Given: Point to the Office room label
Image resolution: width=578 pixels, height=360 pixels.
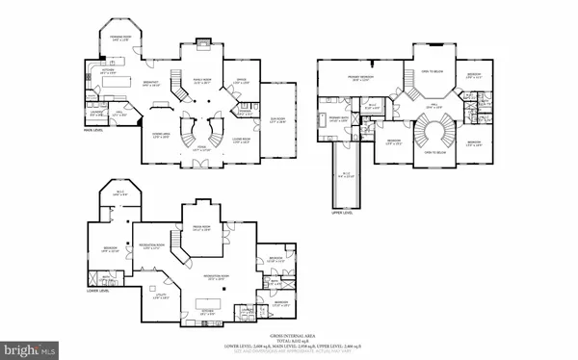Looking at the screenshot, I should [x=237, y=82].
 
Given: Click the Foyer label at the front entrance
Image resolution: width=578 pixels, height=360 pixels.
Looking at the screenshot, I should [x=201, y=150].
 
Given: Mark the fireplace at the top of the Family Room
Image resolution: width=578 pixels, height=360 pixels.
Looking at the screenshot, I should [x=202, y=42].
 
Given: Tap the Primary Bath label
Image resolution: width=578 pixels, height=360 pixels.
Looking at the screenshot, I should [x=338, y=119].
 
